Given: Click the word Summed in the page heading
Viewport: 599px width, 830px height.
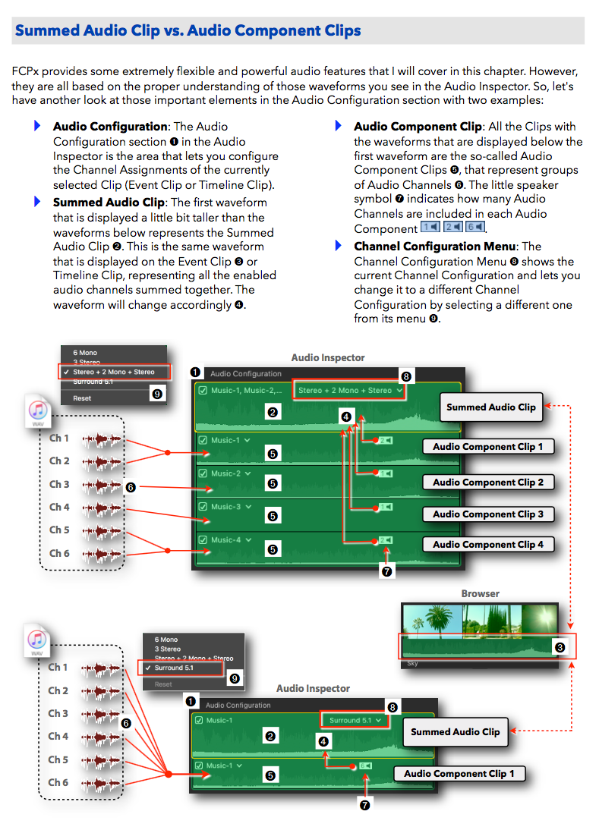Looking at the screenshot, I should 47,31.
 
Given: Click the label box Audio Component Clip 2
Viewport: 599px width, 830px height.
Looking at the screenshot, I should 487,483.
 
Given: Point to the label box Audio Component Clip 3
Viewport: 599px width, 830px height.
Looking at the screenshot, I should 487,514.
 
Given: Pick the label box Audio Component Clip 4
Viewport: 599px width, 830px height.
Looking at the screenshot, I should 487,545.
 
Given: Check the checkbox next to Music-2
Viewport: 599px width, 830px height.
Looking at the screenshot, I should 203,473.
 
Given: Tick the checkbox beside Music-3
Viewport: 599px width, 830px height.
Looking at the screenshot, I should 203,507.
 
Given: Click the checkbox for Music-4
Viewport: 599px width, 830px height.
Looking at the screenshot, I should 203,540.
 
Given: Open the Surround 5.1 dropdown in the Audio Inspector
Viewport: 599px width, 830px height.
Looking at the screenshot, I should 355,720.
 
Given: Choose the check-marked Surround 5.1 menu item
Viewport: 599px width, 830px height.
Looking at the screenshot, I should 180,668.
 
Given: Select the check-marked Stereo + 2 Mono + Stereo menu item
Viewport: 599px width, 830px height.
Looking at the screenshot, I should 113,373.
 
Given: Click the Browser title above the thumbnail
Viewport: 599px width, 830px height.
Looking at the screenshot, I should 480,594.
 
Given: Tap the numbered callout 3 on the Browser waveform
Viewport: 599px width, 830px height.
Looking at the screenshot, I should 560,647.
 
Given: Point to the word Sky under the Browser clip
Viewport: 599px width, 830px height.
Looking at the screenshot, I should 412,663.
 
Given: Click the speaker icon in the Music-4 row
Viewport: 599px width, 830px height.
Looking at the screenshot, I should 386,540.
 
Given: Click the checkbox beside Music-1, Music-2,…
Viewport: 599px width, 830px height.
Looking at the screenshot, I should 203,391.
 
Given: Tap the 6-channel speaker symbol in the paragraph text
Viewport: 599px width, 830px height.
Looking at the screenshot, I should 475,228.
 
